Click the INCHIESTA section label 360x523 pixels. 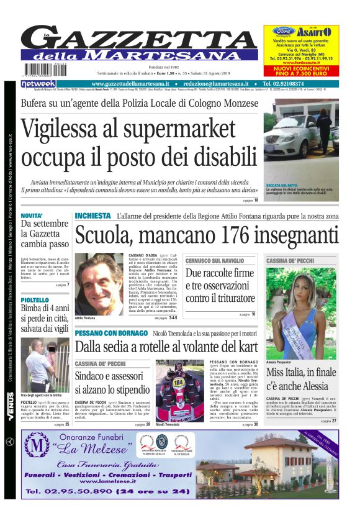[92, 216]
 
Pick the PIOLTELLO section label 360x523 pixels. [35, 300]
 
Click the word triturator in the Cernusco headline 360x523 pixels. [227, 298]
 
